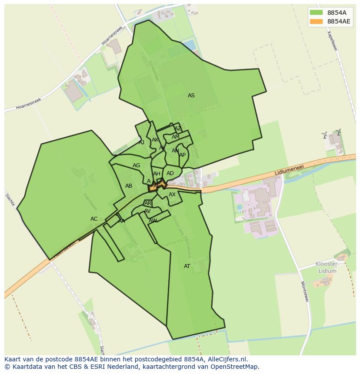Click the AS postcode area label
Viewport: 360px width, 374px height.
pos(191,96)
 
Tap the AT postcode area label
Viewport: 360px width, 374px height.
pos(187,266)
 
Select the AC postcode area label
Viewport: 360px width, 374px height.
pos(94,219)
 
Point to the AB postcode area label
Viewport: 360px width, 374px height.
pos(129,186)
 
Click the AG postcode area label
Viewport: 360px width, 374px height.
pos(137,165)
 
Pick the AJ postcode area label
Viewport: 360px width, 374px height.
pos(141,142)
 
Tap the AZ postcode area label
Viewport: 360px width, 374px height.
pos(178,129)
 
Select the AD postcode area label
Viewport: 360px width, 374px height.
pos(170,173)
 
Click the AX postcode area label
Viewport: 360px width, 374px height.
pos(172,195)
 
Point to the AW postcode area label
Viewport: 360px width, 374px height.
pos(153,221)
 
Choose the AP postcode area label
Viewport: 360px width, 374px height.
pos(183,155)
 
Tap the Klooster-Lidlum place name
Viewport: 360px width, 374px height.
pos(327,268)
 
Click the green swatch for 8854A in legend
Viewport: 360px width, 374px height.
pos(317,13)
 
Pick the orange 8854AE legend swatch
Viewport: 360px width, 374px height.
pos(317,21)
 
